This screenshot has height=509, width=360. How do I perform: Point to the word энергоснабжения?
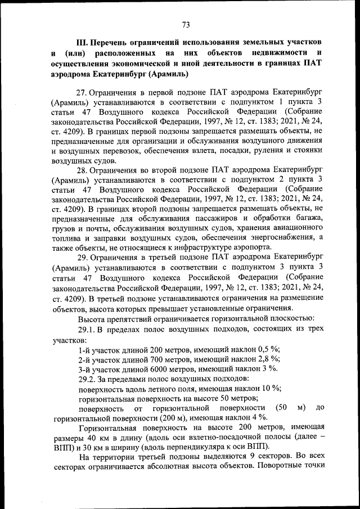(x=284, y=240)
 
